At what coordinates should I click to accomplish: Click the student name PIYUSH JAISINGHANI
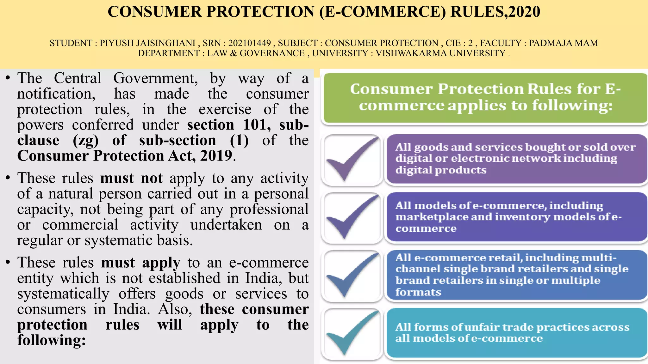coord(147,43)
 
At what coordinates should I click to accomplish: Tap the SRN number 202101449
coord(250,43)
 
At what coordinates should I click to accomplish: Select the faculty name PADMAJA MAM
coord(563,43)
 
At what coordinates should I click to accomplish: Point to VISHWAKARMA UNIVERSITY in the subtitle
coord(440,53)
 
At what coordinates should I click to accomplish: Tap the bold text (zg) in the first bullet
coord(85,141)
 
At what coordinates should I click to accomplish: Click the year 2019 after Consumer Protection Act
coord(216,156)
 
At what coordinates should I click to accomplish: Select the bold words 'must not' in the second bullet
coord(131,178)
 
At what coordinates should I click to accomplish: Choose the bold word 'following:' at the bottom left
coord(52,340)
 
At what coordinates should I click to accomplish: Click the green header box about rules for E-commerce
coord(485,98)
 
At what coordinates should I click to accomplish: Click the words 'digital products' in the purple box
coord(441,170)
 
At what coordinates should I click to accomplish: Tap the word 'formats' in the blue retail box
coord(418,292)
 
